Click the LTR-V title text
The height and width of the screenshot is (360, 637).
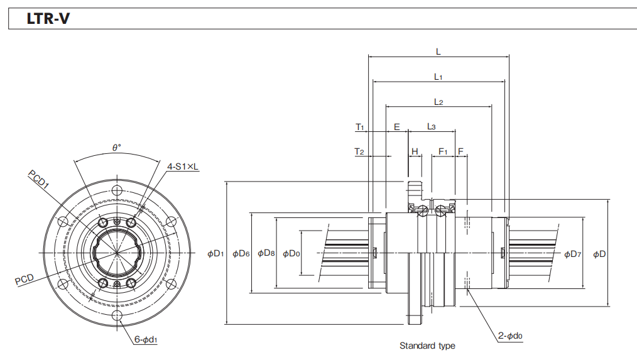pos(48,19)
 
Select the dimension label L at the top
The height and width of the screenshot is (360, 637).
pos(438,52)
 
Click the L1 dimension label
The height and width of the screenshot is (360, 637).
pos(438,77)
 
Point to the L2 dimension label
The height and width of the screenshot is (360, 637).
pos(438,102)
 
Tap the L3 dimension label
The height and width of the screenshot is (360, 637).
pos(432,127)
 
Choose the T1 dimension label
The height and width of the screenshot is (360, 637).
pos(359,127)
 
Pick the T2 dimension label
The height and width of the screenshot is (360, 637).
pos(359,151)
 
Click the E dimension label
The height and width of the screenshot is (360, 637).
pos(396,127)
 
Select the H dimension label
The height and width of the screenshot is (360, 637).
pos(415,151)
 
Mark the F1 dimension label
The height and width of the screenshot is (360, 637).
pos(443,151)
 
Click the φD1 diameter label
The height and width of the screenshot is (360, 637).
pos(215,254)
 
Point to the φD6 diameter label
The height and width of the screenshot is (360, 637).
pos(241,254)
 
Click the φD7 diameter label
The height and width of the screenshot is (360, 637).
pos(572,254)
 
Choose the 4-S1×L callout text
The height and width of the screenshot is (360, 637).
pos(182,166)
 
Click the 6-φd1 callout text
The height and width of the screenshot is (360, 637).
pos(145,340)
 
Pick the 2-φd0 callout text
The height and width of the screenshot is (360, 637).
pos(510,336)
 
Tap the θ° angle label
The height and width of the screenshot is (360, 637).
pos(116,147)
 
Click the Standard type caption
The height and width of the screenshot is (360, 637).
pos(427,346)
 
